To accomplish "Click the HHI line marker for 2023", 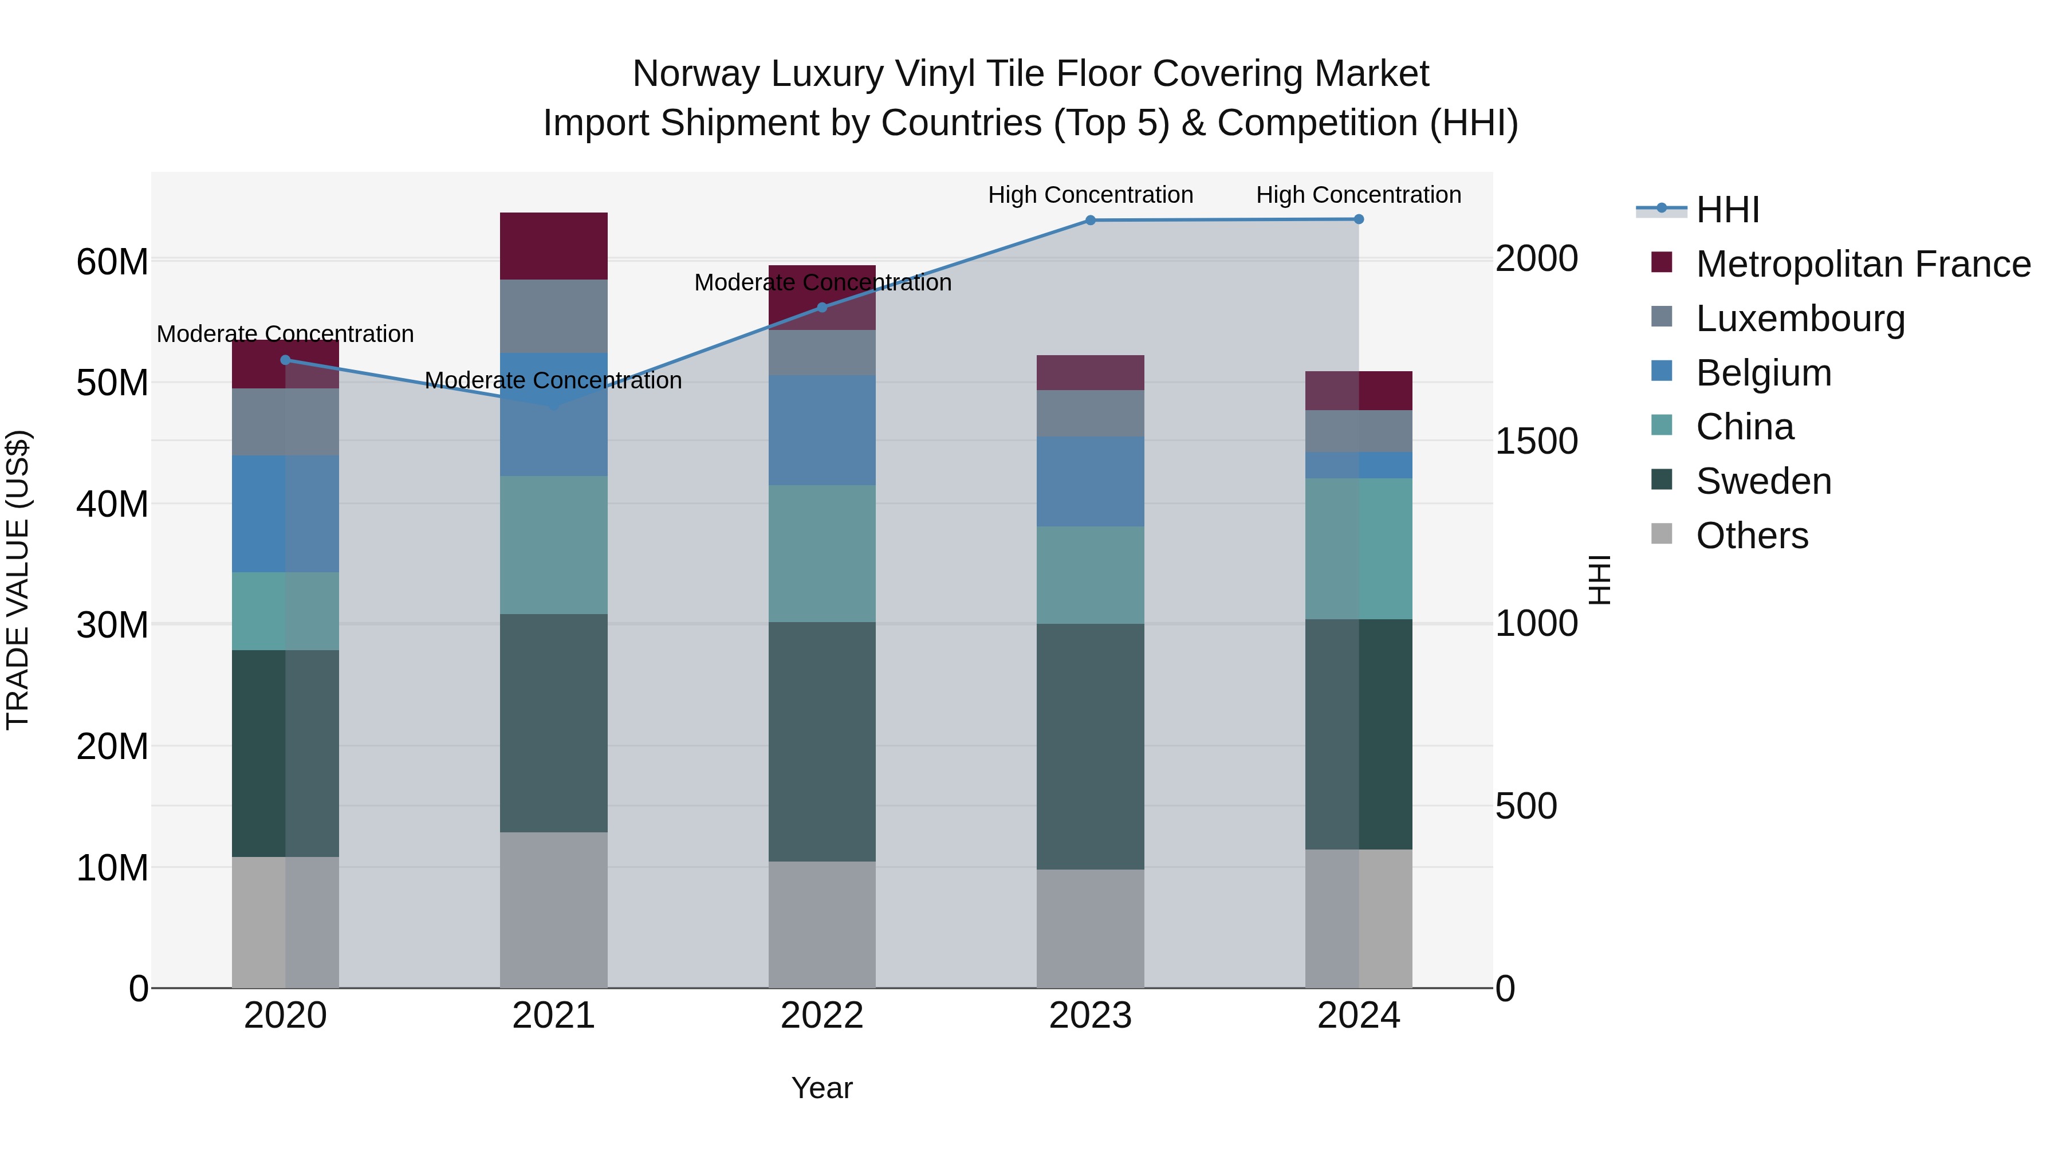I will [1090, 220].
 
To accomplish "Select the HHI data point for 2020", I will [286, 360].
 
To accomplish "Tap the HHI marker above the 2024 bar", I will [1359, 219].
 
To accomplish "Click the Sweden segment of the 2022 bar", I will [822, 741].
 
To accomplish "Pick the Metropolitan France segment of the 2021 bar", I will [554, 246].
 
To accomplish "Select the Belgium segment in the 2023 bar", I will [1090, 481].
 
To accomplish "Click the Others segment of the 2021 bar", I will [554, 910].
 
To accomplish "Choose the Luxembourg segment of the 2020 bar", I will [286, 422].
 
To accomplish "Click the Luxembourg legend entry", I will [1800, 318].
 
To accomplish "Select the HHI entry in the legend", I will [1727, 210].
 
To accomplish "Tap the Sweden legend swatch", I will [1662, 481].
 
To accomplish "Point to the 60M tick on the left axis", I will [112, 262].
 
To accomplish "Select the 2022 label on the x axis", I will [822, 1016].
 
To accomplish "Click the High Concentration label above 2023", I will [1090, 195].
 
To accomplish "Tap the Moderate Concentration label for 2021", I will [554, 380].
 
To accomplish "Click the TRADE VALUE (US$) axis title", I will [18, 580].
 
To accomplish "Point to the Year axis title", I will [822, 1088].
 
